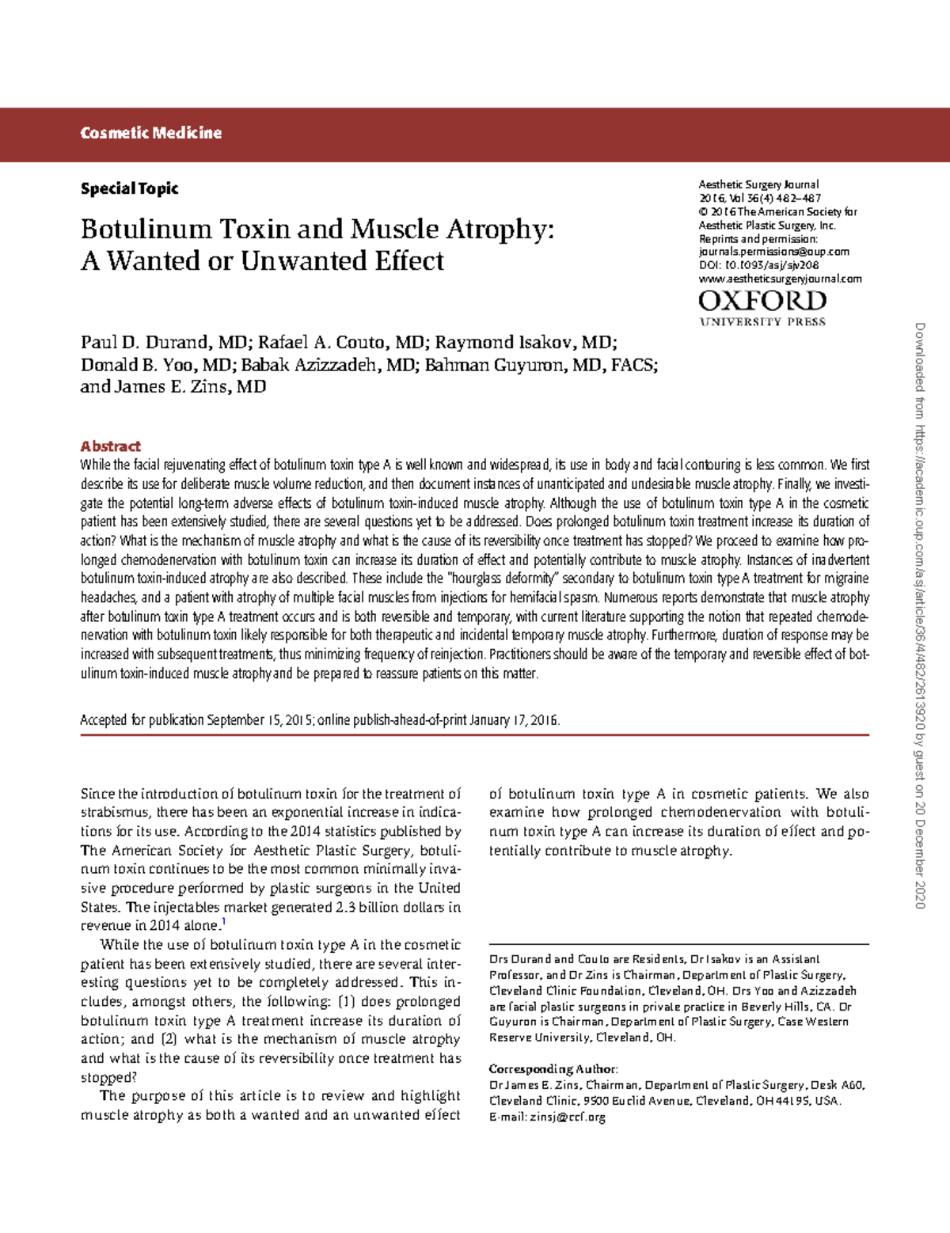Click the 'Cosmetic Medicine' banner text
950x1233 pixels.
coord(150,133)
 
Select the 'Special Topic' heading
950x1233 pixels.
coord(129,188)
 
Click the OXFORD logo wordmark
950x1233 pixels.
coord(762,301)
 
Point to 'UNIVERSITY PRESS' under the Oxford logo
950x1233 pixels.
coord(762,322)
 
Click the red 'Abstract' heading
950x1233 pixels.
coord(110,446)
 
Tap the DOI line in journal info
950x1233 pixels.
coord(758,266)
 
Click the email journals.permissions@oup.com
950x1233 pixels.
coord(773,252)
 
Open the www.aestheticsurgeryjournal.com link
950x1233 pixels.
coord(780,279)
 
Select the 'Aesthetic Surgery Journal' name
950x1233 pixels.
coord(758,184)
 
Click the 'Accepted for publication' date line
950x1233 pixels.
coord(320,720)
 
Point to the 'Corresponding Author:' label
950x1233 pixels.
coord(553,1069)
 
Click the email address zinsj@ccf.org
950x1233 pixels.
coord(567,1117)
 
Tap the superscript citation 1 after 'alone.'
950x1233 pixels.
coord(224,922)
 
